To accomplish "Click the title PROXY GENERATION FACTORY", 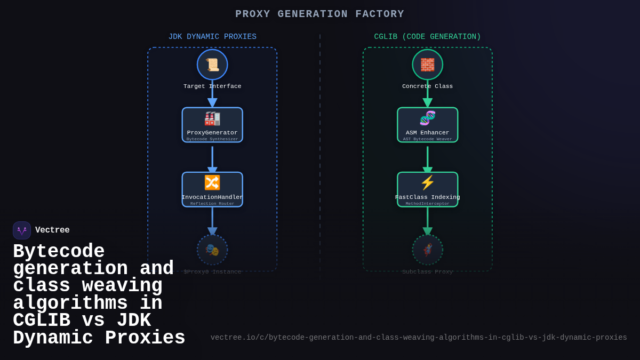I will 319,14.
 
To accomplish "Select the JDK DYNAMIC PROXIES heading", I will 212,37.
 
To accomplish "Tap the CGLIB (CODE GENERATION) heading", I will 427,37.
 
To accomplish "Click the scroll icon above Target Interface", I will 212,65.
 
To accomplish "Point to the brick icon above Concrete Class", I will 427,65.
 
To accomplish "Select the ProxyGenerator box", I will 212,125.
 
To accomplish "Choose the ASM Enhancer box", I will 427,125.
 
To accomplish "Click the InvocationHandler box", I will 212,189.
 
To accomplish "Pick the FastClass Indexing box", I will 427,189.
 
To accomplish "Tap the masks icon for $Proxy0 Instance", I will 212,250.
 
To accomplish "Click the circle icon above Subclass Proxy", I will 427,250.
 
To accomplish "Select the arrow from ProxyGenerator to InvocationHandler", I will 212,159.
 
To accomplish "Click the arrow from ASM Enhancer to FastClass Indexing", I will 427,159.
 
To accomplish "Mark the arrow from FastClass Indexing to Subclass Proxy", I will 427,221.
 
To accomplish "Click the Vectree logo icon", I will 22,230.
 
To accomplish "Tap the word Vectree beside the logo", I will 52,230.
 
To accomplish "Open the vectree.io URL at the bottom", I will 419,338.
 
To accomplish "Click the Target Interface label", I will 212,86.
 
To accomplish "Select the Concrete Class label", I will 427,86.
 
